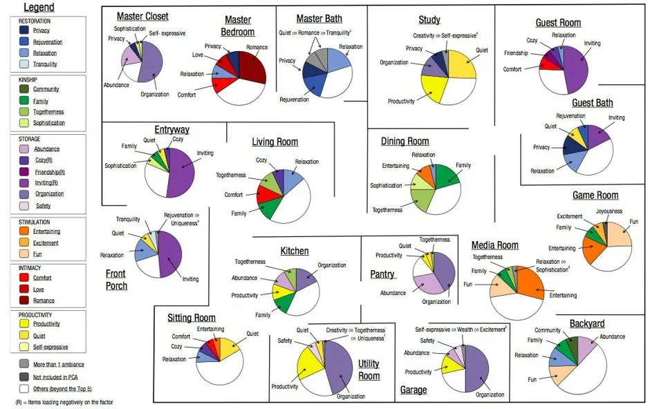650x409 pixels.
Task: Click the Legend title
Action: pyautogui.click(x=39, y=8)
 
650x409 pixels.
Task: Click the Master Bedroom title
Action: pyautogui.click(x=238, y=26)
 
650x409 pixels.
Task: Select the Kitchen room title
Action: pyautogui.click(x=294, y=251)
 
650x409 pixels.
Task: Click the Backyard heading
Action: pyautogui.click(x=586, y=323)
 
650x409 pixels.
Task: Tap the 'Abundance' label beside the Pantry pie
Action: pyautogui.click(x=393, y=293)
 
